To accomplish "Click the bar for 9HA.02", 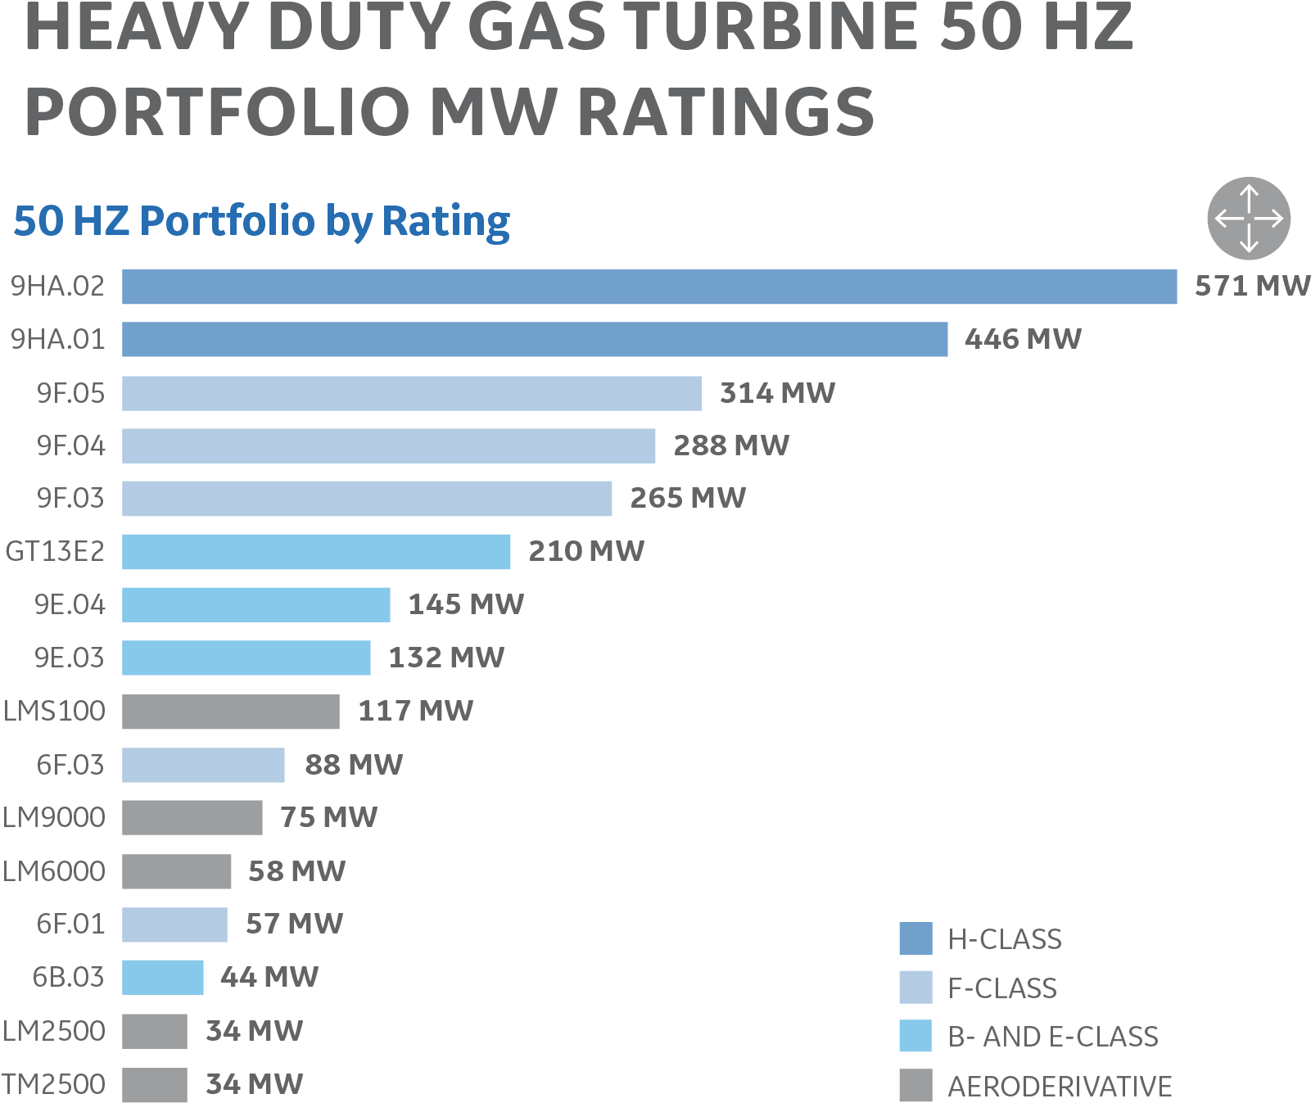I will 649,287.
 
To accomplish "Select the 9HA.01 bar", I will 535,339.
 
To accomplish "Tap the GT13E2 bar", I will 316,551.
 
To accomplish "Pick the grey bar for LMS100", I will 231,711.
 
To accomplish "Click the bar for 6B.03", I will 163,977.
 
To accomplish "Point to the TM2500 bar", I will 155,1084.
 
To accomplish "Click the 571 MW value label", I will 1251,286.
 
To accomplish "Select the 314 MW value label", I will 777,393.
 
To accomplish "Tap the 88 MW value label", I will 353,765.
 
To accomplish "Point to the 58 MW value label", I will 296,871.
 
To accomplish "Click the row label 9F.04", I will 71,445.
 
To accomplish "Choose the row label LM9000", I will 54,817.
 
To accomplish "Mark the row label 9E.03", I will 70,658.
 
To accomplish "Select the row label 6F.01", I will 71,924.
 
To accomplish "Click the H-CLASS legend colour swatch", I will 915,938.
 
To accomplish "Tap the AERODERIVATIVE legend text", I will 1060,1086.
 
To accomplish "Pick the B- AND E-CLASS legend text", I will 1053,1037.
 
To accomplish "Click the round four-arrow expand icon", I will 1249,219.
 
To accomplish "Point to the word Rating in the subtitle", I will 446,221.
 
